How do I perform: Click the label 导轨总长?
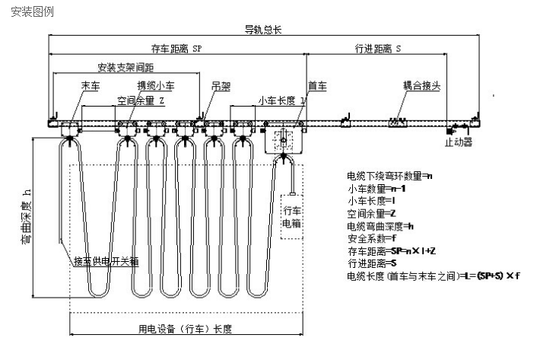(262, 30)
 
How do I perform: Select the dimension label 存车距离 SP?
(176, 47)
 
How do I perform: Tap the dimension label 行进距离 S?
(378, 47)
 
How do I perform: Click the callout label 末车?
(90, 85)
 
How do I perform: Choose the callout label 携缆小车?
(155, 85)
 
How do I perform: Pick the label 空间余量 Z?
(141, 100)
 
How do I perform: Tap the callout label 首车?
(316, 85)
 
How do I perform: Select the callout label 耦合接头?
(423, 85)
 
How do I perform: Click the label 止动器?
(459, 142)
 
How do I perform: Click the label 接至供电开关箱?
(106, 261)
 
